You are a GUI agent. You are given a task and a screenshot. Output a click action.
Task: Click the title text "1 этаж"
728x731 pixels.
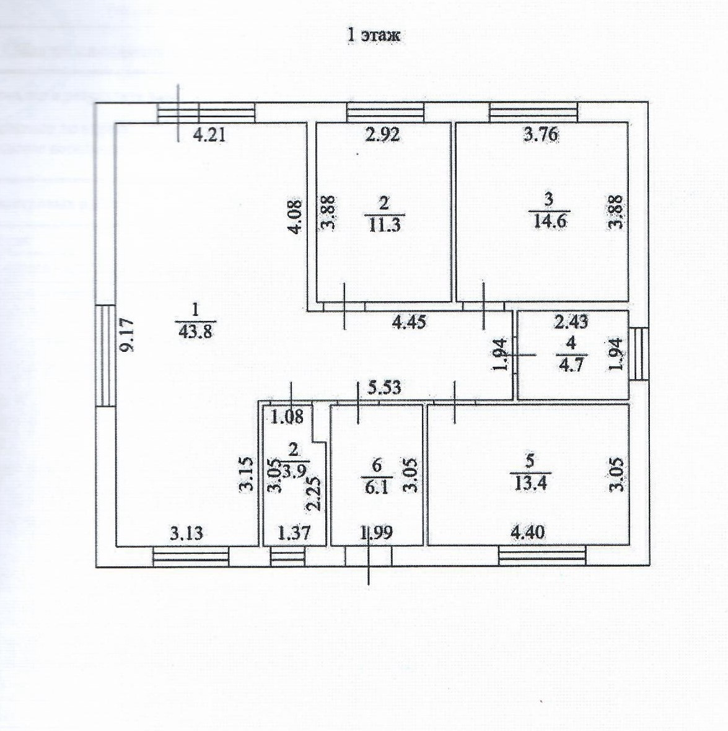tap(374, 35)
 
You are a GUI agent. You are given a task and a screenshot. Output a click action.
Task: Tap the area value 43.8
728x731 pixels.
tap(195, 331)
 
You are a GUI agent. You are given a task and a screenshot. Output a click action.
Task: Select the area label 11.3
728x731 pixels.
tap(384, 224)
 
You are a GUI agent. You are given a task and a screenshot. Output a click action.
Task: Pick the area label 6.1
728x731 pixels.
tap(377, 487)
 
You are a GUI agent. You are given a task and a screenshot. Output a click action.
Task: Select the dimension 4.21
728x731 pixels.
tap(209, 135)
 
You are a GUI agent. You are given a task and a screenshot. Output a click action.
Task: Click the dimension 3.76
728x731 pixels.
tap(542, 134)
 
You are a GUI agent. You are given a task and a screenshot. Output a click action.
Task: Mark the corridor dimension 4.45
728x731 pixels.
tap(409, 322)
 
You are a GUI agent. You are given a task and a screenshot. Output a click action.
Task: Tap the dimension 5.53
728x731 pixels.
tap(384, 388)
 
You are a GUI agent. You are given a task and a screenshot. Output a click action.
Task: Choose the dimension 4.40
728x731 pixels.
tap(528, 532)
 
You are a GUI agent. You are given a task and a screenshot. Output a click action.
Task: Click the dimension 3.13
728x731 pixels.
tap(186, 533)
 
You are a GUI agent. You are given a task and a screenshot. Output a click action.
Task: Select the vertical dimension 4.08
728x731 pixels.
tap(297, 216)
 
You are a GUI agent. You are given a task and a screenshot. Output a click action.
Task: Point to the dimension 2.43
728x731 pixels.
tap(571, 322)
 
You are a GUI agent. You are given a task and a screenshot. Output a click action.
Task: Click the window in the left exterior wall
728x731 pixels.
tap(106, 356)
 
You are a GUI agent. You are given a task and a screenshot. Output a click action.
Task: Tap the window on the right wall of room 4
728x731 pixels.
tap(639, 354)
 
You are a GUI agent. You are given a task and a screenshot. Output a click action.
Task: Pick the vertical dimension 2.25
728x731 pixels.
tap(314, 492)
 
